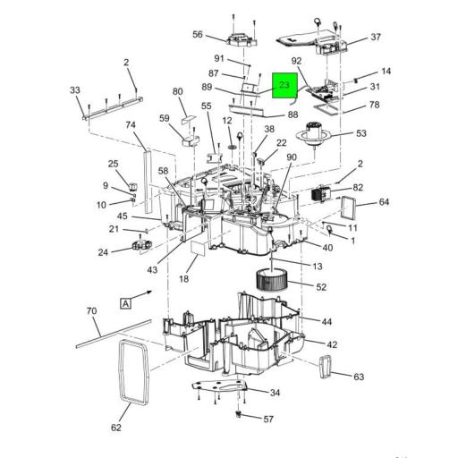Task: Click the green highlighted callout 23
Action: tap(284, 86)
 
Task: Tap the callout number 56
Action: tap(198, 34)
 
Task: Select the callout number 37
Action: tap(375, 37)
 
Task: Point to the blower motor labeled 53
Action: tap(318, 133)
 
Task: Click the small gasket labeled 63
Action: tap(327, 367)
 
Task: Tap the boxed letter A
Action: tap(126, 303)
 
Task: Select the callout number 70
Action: tap(91, 310)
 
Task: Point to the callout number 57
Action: tap(267, 419)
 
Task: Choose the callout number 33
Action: tap(74, 89)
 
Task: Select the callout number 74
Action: tap(131, 125)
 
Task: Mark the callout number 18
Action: tap(183, 279)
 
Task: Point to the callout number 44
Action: tap(327, 321)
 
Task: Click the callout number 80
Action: tap(177, 91)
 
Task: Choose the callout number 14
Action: tap(386, 71)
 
